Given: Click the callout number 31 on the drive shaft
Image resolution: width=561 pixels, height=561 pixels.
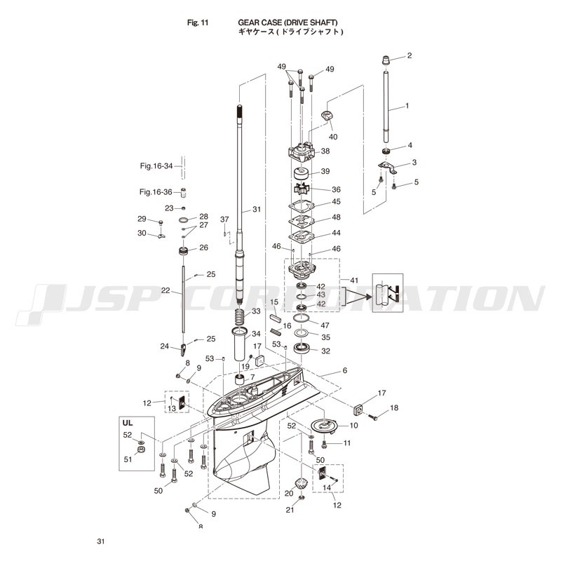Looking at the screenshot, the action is click(257, 209).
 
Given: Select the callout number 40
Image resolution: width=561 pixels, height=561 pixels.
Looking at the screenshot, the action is click(333, 137).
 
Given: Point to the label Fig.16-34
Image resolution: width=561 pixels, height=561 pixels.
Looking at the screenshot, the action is click(156, 166).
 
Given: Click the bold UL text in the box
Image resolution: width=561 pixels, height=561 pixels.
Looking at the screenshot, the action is click(128, 423).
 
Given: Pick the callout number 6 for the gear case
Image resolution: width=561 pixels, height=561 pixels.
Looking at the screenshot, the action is click(344, 370).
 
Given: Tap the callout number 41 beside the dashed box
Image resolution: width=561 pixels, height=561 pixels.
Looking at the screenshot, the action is click(354, 280).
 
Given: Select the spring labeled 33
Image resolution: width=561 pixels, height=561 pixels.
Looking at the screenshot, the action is click(241, 316).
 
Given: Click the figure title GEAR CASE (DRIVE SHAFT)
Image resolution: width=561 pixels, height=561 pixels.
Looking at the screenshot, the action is click(288, 22).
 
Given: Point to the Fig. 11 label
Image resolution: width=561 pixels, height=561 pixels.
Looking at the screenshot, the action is click(198, 22).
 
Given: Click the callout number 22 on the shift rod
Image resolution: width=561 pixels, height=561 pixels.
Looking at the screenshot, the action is click(165, 290).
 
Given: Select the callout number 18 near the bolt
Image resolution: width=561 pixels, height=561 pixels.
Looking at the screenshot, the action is click(394, 408).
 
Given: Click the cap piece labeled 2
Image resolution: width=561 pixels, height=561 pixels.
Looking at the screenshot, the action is click(386, 60).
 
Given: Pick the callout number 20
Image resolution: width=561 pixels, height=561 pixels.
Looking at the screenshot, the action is click(289, 494).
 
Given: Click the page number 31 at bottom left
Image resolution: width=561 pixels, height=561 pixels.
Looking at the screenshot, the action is click(101, 541).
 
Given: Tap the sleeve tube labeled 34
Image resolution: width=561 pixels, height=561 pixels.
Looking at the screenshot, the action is click(241, 344).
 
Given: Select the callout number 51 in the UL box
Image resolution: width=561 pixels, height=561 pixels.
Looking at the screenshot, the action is click(128, 459).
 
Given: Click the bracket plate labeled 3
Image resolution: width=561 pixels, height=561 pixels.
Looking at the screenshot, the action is click(388, 168).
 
